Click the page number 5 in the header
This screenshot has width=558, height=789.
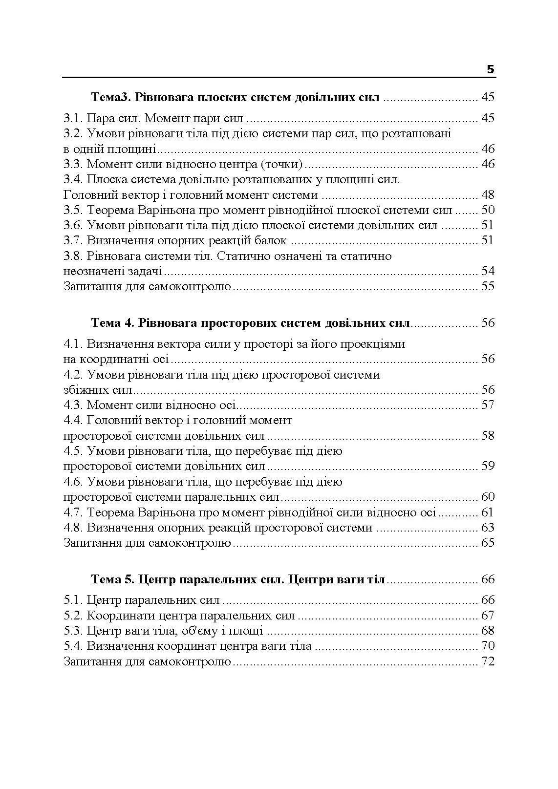tap(490, 69)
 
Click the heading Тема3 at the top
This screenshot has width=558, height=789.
tap(110, 97)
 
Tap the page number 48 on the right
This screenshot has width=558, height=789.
tap(488, 195)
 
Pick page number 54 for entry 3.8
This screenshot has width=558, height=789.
tap(488, 271)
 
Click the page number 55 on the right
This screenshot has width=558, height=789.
tap(488, 286)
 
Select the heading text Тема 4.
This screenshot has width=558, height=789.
tap(112, 323)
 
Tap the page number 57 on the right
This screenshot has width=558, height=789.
tap(488, 405)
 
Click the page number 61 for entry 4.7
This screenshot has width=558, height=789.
tap(488, 512)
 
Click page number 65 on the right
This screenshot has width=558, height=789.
tap(488, 543)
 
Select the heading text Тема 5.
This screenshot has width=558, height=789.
tap(112, 579)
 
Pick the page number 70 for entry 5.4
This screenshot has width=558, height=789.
tap(488, 646)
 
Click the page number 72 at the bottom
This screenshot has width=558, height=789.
tap(488, 662)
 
